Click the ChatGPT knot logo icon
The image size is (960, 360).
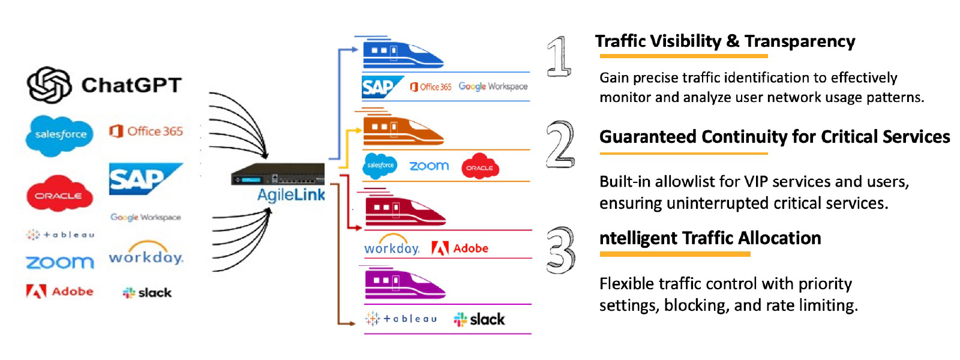[x=49, y=85]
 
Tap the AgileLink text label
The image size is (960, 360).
[x=291, y=194]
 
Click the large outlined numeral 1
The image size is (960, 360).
[x=559, y=56]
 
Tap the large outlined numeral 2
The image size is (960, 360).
[x=560, y=144]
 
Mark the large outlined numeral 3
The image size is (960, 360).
[x=560, y=250]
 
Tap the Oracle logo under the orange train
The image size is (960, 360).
[x=479, y=167]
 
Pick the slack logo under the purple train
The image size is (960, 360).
[x=479, y=319]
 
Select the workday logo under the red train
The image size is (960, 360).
[x=391, y=247]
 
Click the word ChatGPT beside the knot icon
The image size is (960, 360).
[x=131, y=85]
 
